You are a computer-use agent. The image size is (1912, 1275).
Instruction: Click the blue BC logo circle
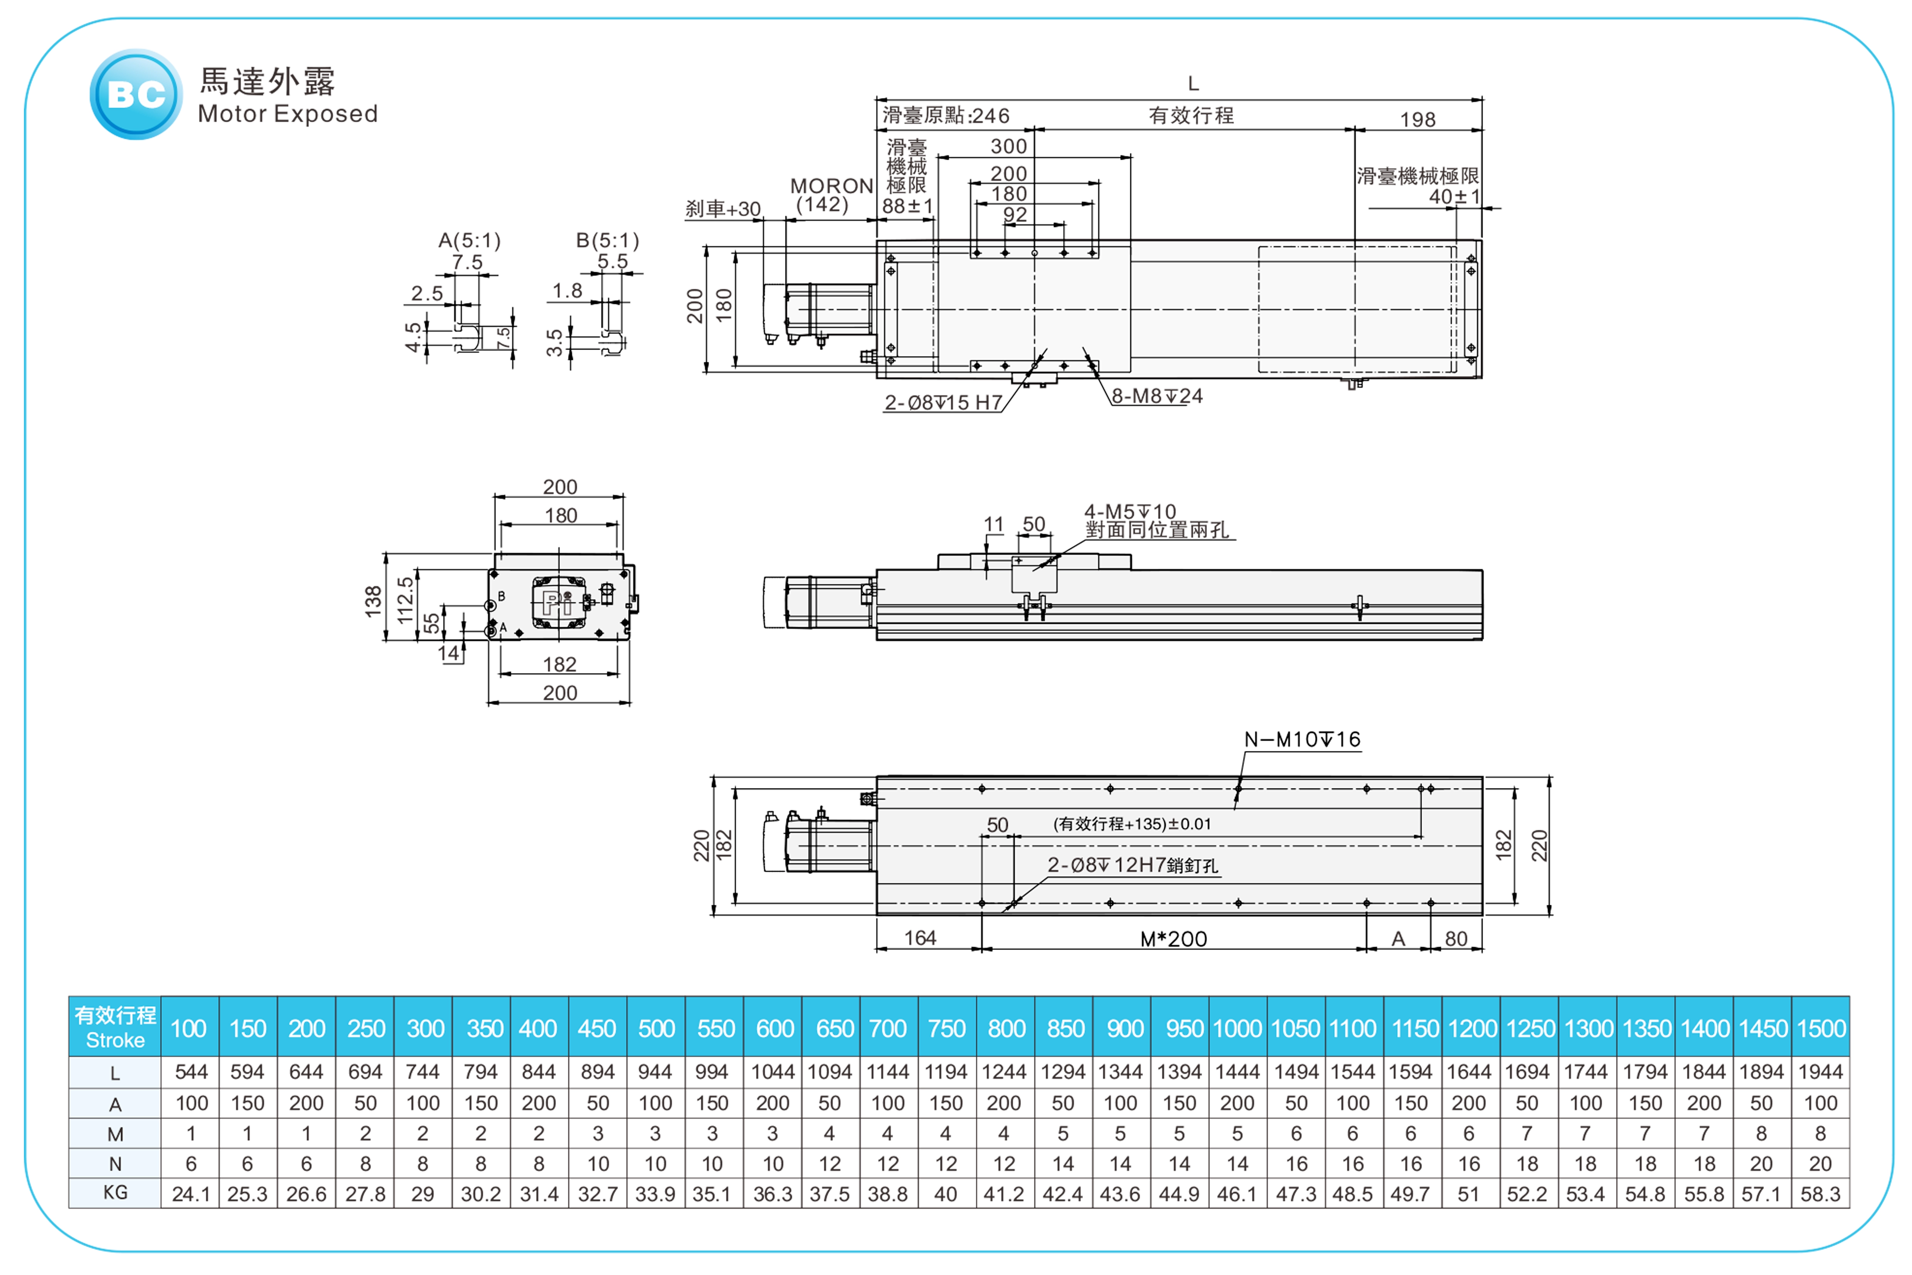point(136,94)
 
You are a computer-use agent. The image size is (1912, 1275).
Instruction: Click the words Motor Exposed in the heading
point(288,114)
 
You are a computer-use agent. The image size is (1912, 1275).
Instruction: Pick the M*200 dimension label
point(1173,939)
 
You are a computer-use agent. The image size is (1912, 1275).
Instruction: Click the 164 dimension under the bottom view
point(920,938)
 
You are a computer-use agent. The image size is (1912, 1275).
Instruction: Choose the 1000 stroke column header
point(1237,1029)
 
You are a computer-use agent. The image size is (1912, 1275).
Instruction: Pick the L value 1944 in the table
point(1820,1072)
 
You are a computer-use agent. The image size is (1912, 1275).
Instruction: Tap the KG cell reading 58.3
point(1820,1194)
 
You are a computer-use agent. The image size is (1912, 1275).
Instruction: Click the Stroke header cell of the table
point(115,1027)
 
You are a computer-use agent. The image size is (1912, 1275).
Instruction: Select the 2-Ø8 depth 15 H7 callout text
point(943,403)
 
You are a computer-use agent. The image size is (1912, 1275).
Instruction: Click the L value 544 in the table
point(191,1072)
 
